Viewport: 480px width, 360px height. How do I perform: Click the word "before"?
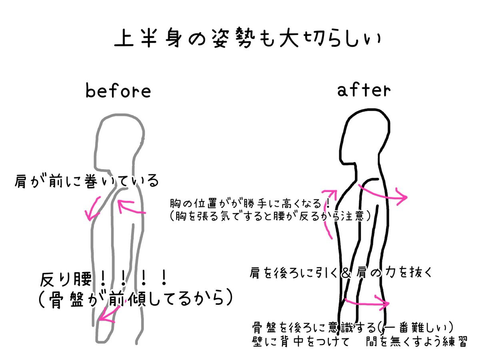coord(118,91)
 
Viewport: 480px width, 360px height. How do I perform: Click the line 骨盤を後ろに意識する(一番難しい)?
coord(352,328)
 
